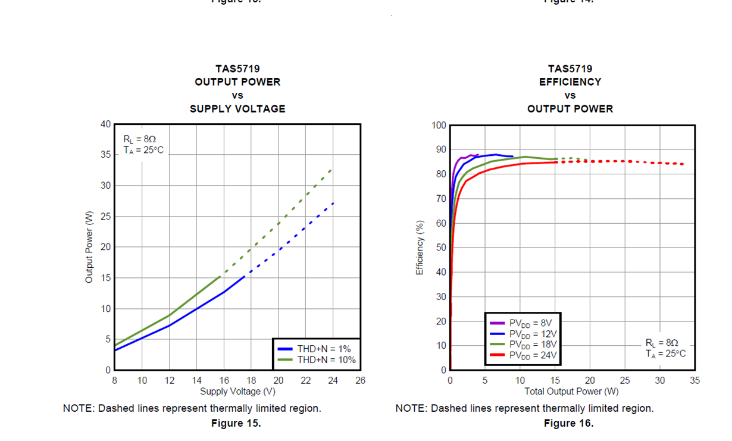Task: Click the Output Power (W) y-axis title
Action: pyautogui.click(x=89, y=246)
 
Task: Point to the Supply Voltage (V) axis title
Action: pyautogui.click(x=237, y=391)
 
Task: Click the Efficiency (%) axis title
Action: pyautogui.click(x=420, y=248)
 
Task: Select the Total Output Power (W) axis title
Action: pyautogui.click(x=571, y=391)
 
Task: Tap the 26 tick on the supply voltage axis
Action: pyautogui.click(x=360, y=381)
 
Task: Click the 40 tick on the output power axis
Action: pyautogui.click(x=105, y=124)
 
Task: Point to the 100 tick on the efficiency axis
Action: pyautogui.click(x=439, y=126)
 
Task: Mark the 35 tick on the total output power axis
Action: pyautogui.click(x=695, y=380)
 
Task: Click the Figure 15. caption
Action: pyautogui.click(x=236, y=423)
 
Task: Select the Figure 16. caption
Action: pyautogui.click(x=568, y=423)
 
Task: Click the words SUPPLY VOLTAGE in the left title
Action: pyautogui.click(x=237, y=109)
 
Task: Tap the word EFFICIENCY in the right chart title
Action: pyautogui.click(x=570, y=82)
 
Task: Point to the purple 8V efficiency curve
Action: pyautogui.click(x=464, y=158)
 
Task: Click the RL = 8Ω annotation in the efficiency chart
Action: pyautogui.click(x=662, y=343)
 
